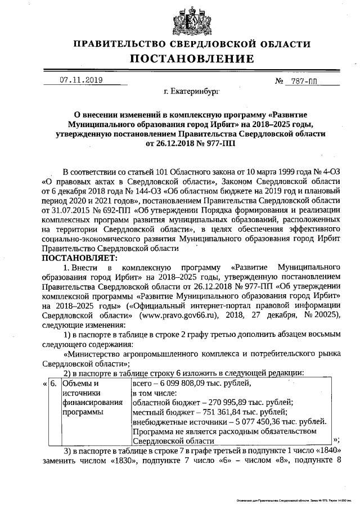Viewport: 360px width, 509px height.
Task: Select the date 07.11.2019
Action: coord(80,80)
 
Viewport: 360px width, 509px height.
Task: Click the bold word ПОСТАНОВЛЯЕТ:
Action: coord(78,258)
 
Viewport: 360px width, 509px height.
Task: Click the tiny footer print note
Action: coord(290,499)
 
